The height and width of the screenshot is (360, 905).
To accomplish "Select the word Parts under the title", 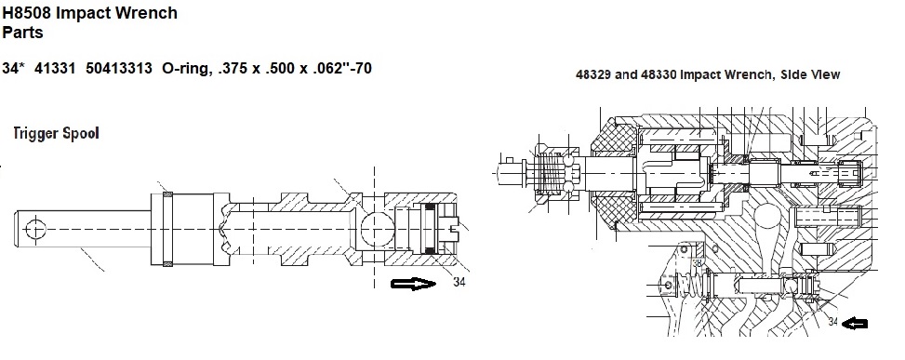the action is [x=22, y=33].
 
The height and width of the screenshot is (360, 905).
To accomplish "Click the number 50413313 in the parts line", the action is [x=119, y=68].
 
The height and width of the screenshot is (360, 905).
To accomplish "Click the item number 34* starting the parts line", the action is [x=13, y=68].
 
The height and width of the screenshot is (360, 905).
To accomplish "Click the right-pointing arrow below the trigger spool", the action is [x=413, y=284].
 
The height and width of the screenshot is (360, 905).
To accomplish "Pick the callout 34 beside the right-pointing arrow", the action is [x=459, y=282].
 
